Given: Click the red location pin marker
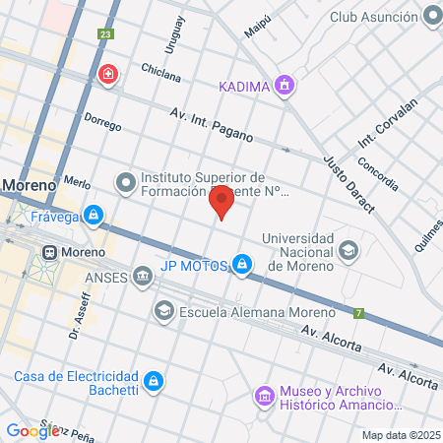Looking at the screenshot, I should (x=222, y=201).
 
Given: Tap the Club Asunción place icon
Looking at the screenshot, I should (x=431, y=17).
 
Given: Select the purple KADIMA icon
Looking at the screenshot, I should (x=285, y=85).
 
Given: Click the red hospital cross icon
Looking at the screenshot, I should (x=108, y=75).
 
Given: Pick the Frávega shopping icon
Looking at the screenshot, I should (x=93, y=214).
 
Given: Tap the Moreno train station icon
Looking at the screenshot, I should (x=46, y=252).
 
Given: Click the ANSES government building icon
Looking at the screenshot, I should (x=144, y=276).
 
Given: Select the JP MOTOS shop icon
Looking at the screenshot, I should (x=241, y=264).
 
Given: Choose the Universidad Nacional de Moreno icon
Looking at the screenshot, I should (x=348, y=251).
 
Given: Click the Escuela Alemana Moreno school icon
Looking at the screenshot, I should (x=163, y=311).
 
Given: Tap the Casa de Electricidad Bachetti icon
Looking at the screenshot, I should (x=153, y=380).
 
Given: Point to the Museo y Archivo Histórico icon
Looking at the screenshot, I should (x=264, y=396).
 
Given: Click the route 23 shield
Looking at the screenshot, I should (x=104, y=34).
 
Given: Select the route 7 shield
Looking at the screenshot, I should (x=360, y=314).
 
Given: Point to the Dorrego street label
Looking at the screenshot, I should (x=102, y=125).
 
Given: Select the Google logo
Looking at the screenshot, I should (x=32, y=430).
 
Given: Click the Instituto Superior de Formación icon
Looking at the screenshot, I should (x=125, y=182).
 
